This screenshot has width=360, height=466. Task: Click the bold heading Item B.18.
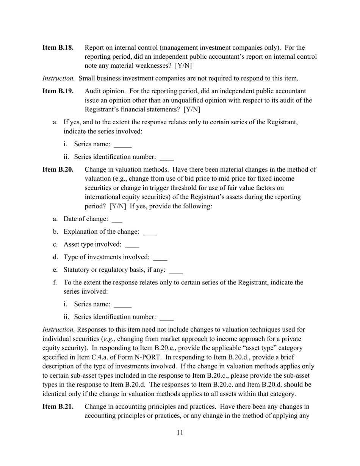point(58,48)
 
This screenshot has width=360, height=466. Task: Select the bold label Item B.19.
point(58,91)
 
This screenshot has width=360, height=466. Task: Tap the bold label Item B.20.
point(58,170)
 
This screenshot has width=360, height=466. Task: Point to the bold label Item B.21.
point(58,407)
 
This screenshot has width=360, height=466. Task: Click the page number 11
point(180,433)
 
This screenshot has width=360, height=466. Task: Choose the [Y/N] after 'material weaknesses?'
point(183,66)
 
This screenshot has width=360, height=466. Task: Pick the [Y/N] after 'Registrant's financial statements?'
point(192,109)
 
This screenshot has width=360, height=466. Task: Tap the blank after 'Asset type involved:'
point(132,245)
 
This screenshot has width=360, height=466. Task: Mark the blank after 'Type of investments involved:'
point(160,258)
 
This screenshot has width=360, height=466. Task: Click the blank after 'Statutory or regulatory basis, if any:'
point(176,271)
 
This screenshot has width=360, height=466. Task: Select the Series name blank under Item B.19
point(122,145)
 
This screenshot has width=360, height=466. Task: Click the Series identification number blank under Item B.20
point(167,317)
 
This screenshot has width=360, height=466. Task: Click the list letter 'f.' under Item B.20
point(55,283)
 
